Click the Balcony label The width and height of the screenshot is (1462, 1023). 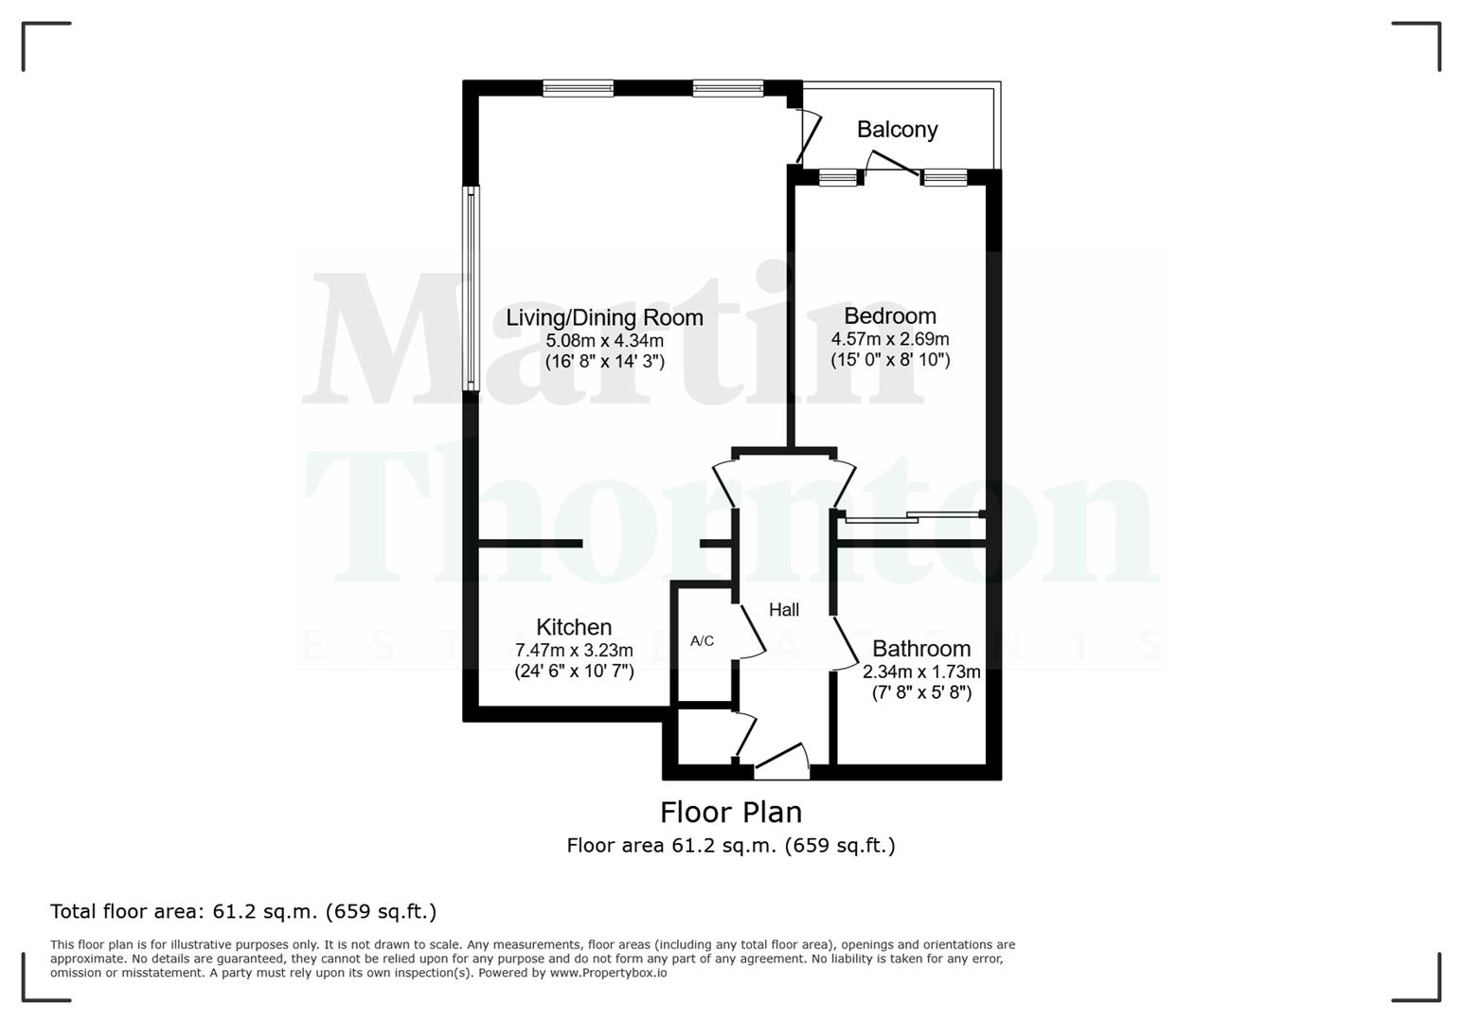[x=897, y=130]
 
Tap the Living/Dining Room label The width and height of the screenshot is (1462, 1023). [x=604, y=317]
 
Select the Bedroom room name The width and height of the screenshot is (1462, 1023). [x=890, y=315]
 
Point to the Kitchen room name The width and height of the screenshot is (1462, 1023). [x=574, y=627]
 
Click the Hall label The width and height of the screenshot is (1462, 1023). [x=784, y=610]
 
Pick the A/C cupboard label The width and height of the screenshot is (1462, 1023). [x=702, y=641]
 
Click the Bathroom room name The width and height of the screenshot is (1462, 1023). [x=921, y=649]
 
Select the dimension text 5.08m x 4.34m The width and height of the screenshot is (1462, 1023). [x=604, y=340]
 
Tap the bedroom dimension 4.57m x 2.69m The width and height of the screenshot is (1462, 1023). [x=890, y=338]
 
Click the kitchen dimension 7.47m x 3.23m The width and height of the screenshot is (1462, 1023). [x=574, y=650]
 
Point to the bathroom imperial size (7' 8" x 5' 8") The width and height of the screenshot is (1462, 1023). [x=921, y=692]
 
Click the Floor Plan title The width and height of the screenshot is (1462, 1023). [x=731, y=812]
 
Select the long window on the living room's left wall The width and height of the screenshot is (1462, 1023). [x=471, y=288]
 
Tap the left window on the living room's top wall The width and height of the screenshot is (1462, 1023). [x=578, y=88]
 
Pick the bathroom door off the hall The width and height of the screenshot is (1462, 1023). [x=846, y=644]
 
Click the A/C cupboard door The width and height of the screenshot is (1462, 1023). [x=752, y=630]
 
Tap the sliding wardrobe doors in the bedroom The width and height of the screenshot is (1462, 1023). [x=913, y=517]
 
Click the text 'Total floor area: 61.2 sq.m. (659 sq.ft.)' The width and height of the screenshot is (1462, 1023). [x=243, y=911]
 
